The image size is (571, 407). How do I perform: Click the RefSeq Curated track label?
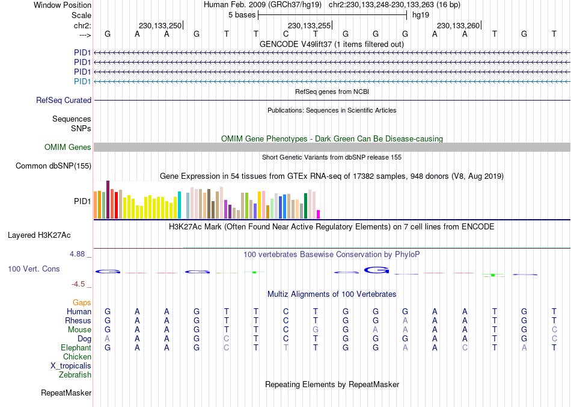pyautogui.click(x=64, y=101)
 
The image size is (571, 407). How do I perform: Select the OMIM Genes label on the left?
pyautogui.click(x=68, y=147)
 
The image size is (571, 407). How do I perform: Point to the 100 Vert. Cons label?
pyautogui.click(x=34, y=269)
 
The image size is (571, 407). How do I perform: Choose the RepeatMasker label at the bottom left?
pyautogui.click(x=66, y=393)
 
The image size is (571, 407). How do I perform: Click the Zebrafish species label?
pyautogui.click(x=75, y=375)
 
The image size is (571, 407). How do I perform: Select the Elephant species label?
pyautogui.click(x=76, y=348)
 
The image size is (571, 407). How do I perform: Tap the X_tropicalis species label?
pyautogui.click(x=71, y=366)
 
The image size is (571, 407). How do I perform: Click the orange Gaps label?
pyautogui.click(x=82, y=302)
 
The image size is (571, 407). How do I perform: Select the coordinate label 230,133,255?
pyautogui.click(x=309, y=25)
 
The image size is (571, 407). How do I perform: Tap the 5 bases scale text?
pyautogui.click(x=242, y=15)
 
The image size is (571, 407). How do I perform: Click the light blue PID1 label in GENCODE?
pyautogui.click(x=82, y=81)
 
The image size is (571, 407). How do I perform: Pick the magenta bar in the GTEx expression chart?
pyautogui.click(x=319, y=214)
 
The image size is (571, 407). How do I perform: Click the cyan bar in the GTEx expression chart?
pyautogui.click(x=179, y=205)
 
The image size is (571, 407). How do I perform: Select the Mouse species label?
pyautogui.click(x=79, y=330)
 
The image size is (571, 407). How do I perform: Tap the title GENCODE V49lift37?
pyautogui.click(x=332, y=44)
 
